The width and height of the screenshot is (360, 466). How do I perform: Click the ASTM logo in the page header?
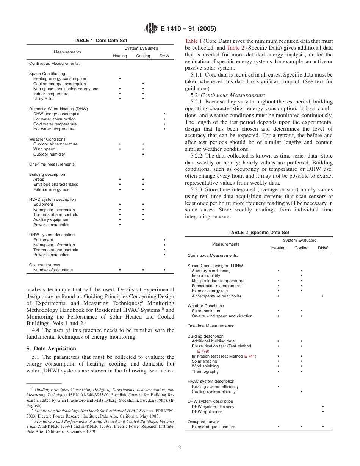[x=151, y=28]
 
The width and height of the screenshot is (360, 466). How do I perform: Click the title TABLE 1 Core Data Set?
[x=100, y=41]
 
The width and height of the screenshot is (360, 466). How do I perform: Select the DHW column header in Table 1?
[x=164, y=56]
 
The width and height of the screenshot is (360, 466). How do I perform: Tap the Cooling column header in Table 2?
[x=301, y=248]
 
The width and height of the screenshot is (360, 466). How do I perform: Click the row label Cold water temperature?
[x=55, y=124]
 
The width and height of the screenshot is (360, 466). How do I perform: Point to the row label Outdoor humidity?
[x=49, y=154]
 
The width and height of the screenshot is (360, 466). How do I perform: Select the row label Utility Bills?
[x=43, y=99]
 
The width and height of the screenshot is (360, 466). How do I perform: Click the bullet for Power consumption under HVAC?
[x=120, y=225]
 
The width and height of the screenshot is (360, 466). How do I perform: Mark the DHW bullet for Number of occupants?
[x=164, y=270]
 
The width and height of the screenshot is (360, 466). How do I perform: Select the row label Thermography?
[x=205, y=371]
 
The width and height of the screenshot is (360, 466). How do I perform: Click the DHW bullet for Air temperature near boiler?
[x=322, y=296]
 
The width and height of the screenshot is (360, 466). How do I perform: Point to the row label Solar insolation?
[x=206, y=311]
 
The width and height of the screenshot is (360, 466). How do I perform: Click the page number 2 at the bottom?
[x=180, y=447]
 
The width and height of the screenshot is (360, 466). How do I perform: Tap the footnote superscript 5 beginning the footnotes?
[x=33, y=388]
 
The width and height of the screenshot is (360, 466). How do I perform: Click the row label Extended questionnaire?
[x=213, y=427]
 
